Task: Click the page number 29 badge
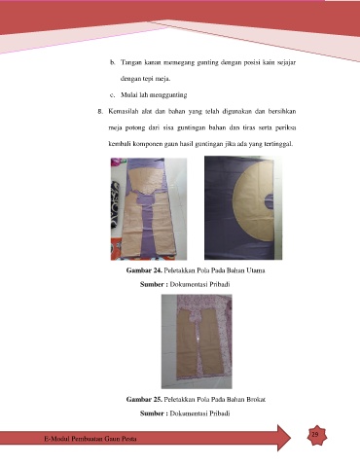pos(316,435)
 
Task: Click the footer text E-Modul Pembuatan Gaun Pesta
pos(90,439)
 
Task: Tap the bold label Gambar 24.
pos(144,270)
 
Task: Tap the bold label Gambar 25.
pos(144,399)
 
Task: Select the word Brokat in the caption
pos(256,399)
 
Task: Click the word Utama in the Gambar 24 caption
pos(256,270)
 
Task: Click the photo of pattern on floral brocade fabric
pos(197,341)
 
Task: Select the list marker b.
pos(113,62)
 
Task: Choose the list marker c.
pos(113,95)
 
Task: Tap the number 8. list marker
pos(100,112)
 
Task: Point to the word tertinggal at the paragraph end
pos(278,144)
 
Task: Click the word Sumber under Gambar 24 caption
pos(152,284)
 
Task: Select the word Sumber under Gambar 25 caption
pos(152,413)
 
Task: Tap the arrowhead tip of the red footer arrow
pos(291,438)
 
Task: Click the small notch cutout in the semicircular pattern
pos(269,201)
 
